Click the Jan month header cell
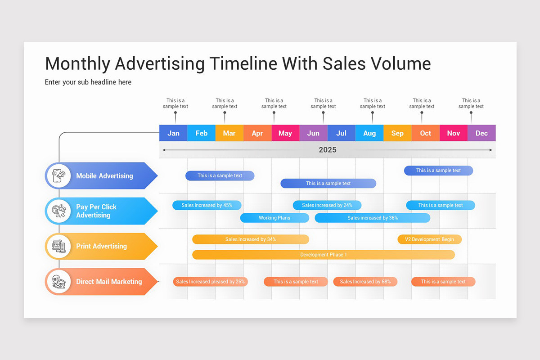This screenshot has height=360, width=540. click(173, 133)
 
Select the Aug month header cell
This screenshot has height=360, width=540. click(369, 133)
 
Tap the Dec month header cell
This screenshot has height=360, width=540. click(481, 133)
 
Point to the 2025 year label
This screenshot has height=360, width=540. click(327, 150)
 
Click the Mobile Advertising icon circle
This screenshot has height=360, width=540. click(58, 175)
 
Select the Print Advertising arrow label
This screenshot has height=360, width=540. click(101, 246)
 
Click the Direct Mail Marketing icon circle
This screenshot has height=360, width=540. click(58, 282)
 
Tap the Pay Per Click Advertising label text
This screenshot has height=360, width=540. click(96, 211)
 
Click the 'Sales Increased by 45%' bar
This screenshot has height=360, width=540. click(207, 205)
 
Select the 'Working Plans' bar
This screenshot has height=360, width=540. click(274, 218)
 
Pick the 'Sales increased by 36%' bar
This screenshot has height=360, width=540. click(373, 218)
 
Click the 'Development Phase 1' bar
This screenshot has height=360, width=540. click(324, 255)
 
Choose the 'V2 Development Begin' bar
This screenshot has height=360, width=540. click(429, 239)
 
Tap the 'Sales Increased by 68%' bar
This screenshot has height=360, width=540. click(365, 282)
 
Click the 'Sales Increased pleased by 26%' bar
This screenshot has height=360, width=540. click(210, 282)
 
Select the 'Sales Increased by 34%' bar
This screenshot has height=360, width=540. click(251, 239)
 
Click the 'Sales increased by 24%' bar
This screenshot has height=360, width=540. click(327, 205)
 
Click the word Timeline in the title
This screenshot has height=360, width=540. click(243, 63)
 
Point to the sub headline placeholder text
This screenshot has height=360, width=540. click(88, 82)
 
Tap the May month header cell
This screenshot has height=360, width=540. click(285, 133)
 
